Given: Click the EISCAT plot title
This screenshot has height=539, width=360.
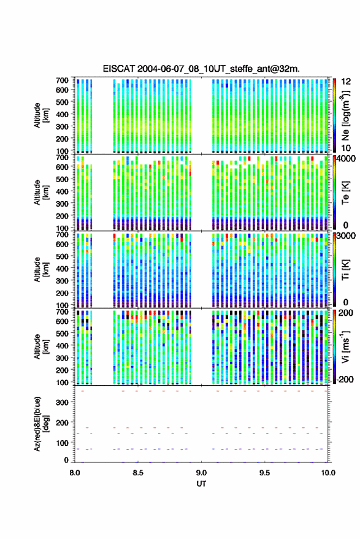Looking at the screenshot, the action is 201,69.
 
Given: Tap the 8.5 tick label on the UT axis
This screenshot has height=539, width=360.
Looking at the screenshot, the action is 138,473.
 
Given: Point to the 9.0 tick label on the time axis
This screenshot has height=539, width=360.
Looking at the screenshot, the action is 201,473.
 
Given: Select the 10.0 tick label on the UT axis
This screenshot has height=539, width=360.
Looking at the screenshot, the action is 328,473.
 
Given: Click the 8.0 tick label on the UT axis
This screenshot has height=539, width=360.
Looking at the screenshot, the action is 75,473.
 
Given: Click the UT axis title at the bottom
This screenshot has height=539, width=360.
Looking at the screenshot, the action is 201,484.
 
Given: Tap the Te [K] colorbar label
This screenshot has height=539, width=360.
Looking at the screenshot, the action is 345,193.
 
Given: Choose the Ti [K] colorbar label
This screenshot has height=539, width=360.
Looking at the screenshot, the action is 345,270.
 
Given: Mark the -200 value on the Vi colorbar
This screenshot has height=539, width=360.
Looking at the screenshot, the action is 345,380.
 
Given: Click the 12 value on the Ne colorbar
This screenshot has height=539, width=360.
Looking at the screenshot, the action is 347,82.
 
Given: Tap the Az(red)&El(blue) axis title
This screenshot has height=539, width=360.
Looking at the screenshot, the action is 40,424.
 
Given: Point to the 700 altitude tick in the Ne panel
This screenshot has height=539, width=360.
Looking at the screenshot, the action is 62,80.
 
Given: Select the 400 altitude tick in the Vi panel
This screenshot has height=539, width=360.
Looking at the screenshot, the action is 62,345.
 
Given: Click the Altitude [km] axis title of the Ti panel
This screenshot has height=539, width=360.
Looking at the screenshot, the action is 41,270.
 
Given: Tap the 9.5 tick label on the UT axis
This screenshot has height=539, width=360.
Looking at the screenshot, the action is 264,473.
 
